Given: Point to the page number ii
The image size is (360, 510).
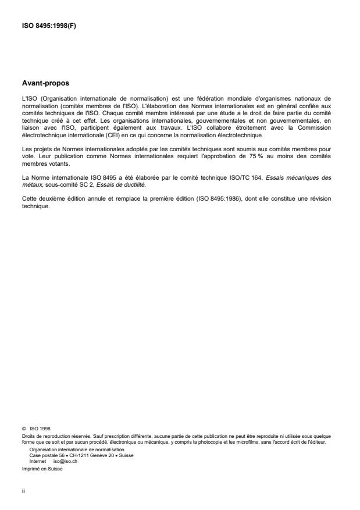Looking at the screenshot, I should [x=23, y=490].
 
